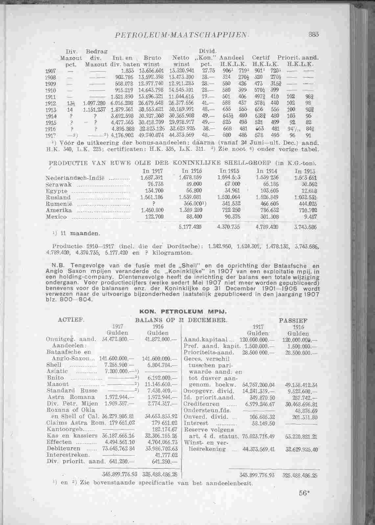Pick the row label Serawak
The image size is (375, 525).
click(59, 185)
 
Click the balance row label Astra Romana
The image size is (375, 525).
click(66, 397)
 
